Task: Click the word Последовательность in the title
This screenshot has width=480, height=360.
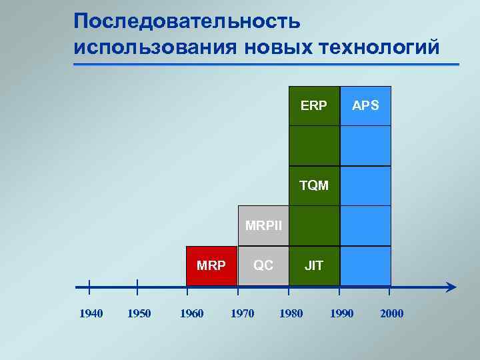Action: (x=187, y=21)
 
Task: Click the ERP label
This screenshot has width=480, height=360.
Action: (x=314, y=105)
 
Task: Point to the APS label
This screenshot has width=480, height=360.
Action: (x=365, y=105)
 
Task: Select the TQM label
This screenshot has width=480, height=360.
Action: (x=314, y=185)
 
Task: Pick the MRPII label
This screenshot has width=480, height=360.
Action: (x=263, y=225)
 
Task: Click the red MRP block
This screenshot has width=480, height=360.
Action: (x=211, y=265)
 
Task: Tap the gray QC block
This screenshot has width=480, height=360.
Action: (x=263, y=265)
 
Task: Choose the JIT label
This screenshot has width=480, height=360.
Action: (x=314, y=265)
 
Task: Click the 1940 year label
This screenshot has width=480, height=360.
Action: (x=91, y=313)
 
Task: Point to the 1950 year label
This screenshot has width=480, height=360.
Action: (x=139, y=313)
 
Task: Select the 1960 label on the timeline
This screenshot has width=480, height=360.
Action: (x=192, y=313)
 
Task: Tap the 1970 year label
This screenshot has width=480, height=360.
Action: (x=242, y=313)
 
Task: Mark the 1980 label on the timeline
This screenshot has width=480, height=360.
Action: (x=291, y=313)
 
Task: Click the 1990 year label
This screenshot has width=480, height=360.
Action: (x=341, y=313)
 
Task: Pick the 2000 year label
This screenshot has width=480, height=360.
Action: (x=391, y=313)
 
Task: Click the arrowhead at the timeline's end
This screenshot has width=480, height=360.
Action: (x=451, y=287)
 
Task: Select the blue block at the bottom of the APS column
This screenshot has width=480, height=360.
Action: (x=365, y=265)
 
